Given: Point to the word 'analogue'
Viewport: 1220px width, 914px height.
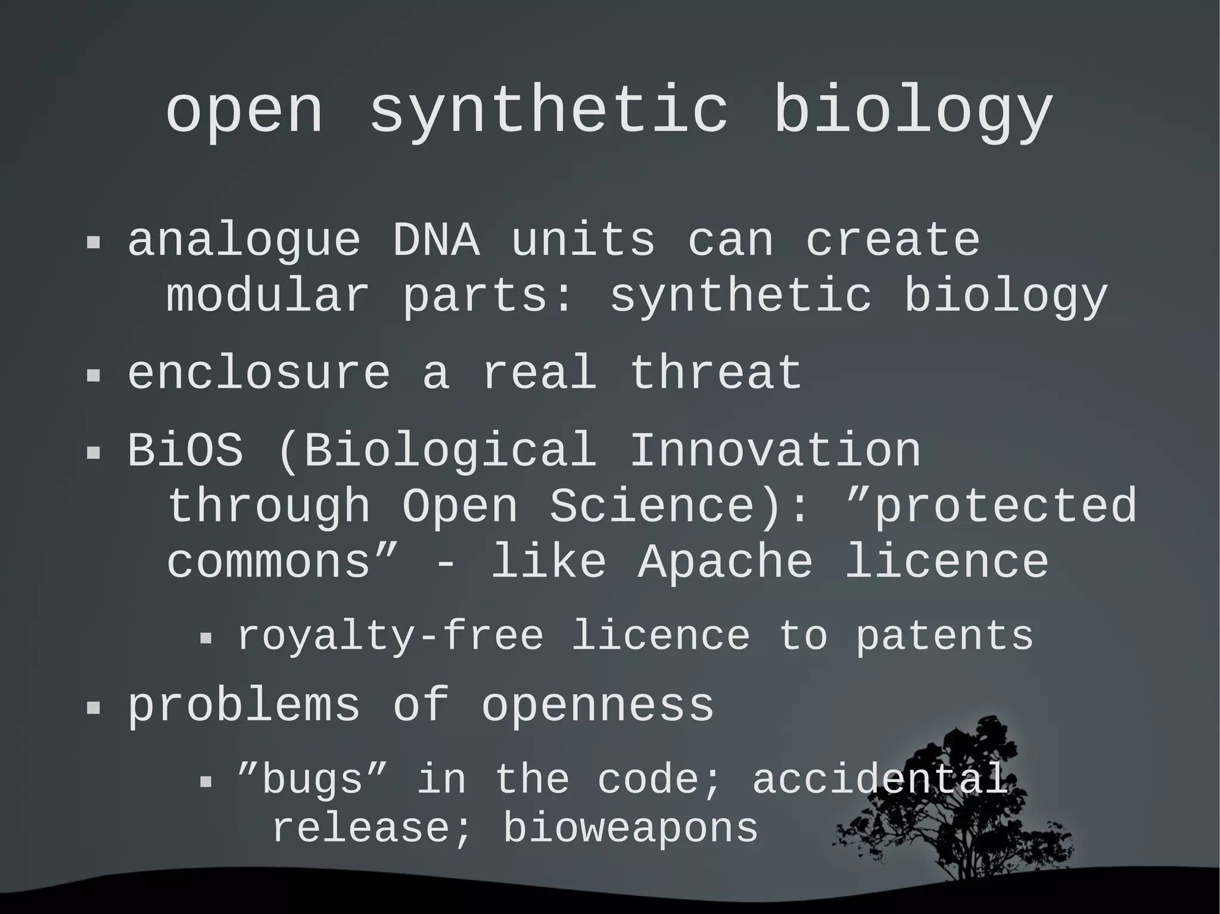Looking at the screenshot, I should coord(244,241).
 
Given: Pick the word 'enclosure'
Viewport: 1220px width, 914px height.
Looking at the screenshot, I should coord(259,373).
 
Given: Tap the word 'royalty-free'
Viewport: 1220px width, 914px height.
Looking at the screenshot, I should coord(391,637).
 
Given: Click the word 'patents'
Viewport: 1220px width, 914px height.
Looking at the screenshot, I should coord(944,637).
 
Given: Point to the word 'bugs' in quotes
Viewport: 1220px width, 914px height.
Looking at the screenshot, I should coord(312,779).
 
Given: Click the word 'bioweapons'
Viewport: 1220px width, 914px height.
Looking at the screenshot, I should coord(630,828).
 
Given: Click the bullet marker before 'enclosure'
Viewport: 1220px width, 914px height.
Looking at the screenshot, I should coord(94,376).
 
